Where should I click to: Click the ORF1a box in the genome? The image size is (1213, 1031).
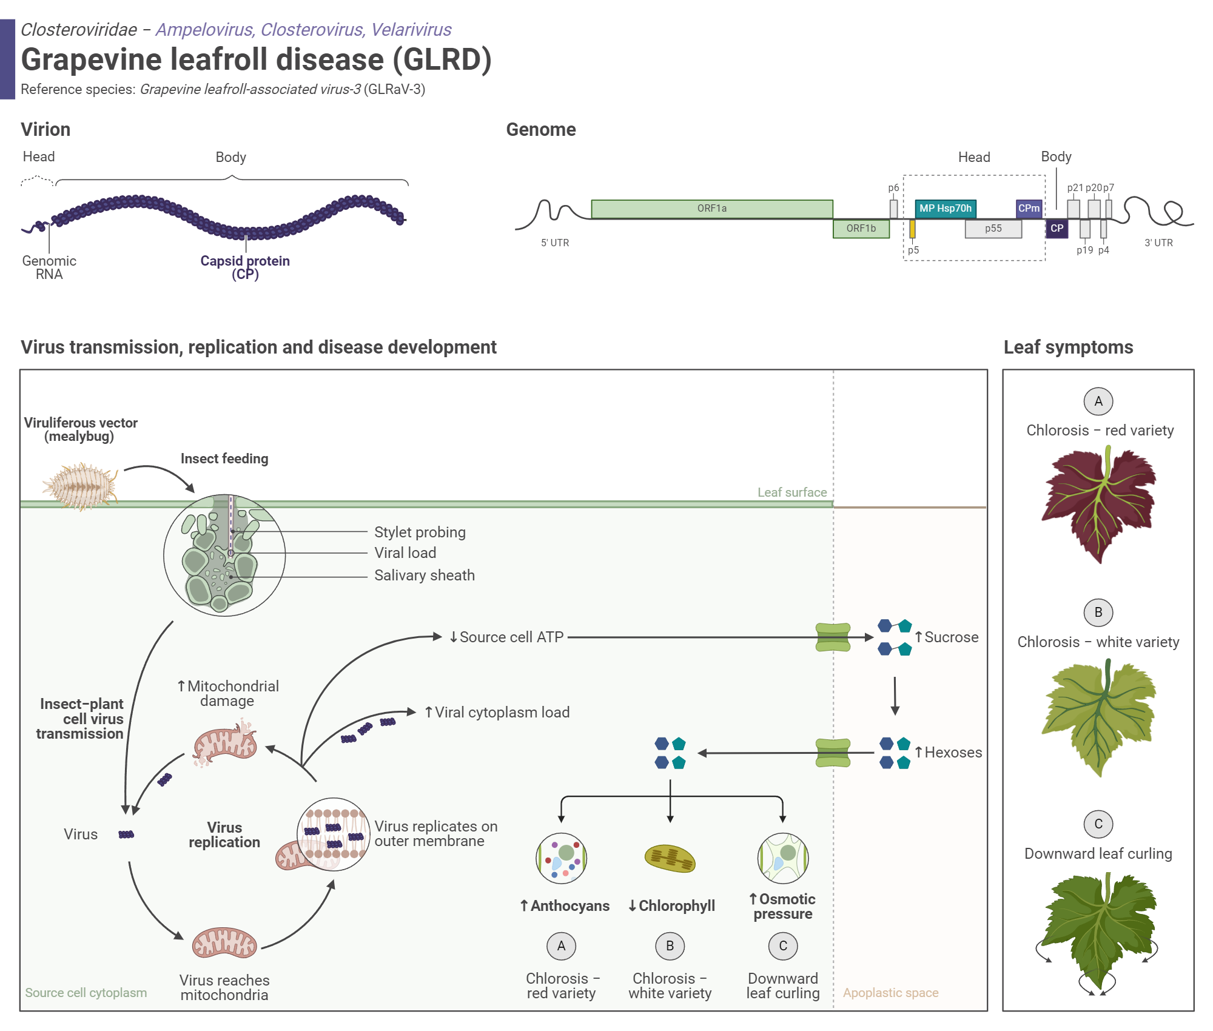[x=711, y=209]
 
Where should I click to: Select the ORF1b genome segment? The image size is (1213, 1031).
[x=861, y=229]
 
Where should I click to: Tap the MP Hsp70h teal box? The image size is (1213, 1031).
[x=945, y=209]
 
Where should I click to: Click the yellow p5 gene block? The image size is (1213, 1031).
[x=912, y=229]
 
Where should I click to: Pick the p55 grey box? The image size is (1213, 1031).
[x=993, y=229]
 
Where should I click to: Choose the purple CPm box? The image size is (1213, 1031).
[x=1029, y=209]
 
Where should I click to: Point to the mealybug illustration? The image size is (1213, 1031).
[x=80, y=486]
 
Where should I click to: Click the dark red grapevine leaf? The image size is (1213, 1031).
[x=1098, y=503]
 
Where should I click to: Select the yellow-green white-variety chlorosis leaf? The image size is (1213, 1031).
[x=1098, y=716]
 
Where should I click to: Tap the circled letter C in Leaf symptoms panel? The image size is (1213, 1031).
[x=1098, y=824]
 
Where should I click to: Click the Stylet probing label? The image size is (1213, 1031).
[x=420, y=532]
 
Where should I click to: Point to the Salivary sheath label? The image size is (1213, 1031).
[x=424, y=575]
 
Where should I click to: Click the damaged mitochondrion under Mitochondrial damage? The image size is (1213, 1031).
[x=225, y=744]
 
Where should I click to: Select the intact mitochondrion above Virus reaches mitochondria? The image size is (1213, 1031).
[x=224, y=943]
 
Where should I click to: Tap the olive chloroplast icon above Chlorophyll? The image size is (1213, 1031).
[x=670, y=859]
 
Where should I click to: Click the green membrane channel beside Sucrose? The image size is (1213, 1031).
[x=833, y=637]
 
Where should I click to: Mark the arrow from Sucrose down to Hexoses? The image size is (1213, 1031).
[x=895, y=696]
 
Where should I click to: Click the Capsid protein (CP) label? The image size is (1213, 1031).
[x=245, y=267]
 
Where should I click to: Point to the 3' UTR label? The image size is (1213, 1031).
[x=1158, y=243]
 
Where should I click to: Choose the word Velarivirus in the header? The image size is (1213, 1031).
[x=411, y=30]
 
